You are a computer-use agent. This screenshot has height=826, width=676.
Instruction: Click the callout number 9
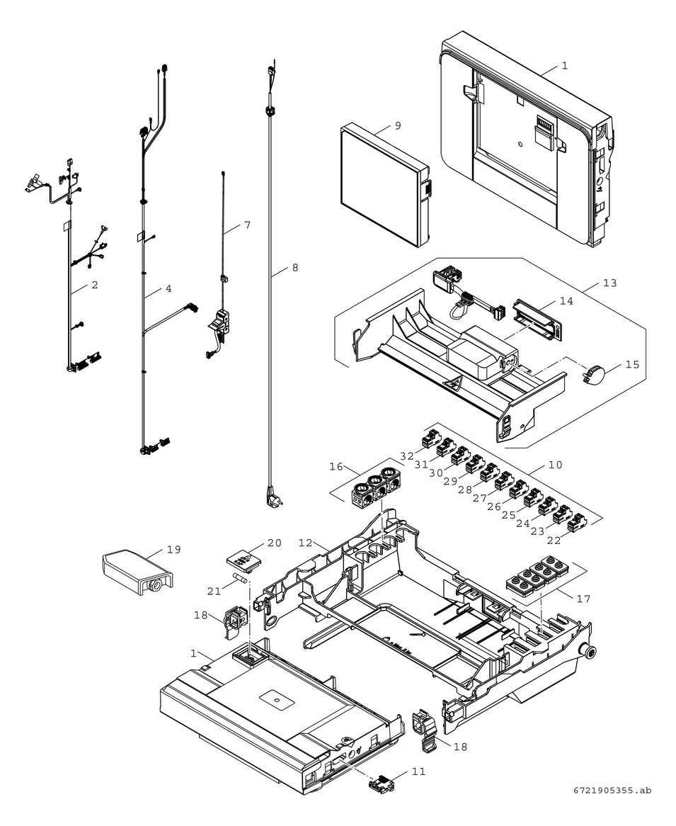(x=398, y=125)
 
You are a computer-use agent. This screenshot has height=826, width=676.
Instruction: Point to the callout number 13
(x=609, y=283)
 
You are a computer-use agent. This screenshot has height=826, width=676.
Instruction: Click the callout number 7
(x=247, y=225)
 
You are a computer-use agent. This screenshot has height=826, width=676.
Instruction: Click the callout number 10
(x=556, y=465)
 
